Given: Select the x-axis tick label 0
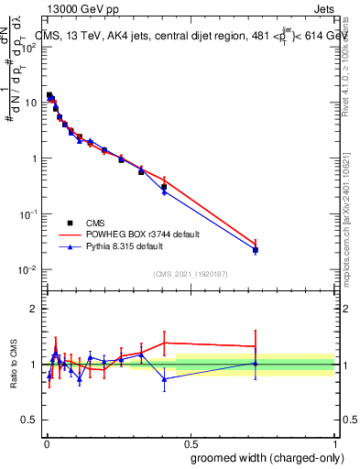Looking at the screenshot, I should click(x=45, y=442).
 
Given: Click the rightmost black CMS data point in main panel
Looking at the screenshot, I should click(x=256, y=250).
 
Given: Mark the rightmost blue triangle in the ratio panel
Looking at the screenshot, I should click(x=256, y=364).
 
